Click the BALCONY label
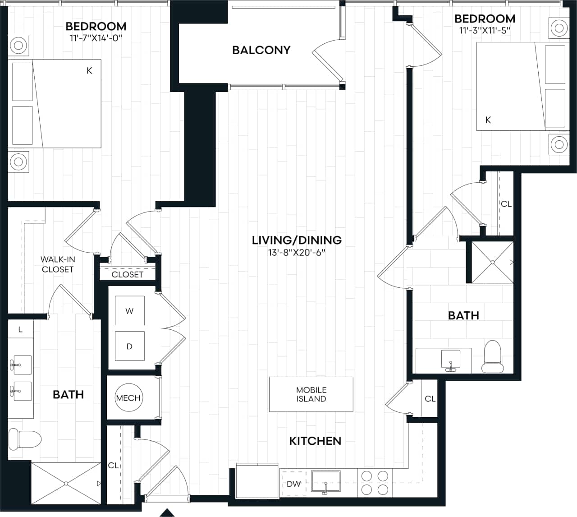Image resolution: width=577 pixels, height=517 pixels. tap(261, 50)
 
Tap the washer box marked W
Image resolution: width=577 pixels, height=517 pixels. tap(129, 311)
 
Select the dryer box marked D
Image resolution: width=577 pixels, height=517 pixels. tap(129, 346)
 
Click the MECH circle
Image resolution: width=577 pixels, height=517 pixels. tap(128, 398)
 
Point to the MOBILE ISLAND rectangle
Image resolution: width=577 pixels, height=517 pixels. tap(311, 394)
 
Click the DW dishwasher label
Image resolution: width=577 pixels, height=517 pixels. tap(293, 484)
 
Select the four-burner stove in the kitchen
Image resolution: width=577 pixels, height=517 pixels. tap(375, 483)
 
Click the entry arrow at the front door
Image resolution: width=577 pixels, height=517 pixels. tap(167, 512)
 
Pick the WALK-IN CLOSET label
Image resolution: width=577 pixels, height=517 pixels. tap(58, 264)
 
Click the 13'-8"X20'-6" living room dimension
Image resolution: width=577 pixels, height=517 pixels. tap(297, 253)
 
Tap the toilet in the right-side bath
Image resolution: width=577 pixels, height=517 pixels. tap(492, 356)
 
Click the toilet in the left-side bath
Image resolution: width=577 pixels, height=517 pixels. tap(25, 439)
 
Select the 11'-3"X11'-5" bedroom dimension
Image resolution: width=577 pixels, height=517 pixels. tap(485, 31)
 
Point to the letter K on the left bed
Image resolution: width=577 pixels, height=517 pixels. tap(89, 70)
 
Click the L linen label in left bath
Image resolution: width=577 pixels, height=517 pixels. tap(20, 330)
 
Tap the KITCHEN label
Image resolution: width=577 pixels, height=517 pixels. tap(315, 441)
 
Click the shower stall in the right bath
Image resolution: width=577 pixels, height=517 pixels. tap(492, 262)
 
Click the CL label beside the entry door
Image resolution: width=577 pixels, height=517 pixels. tap(113, 465)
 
